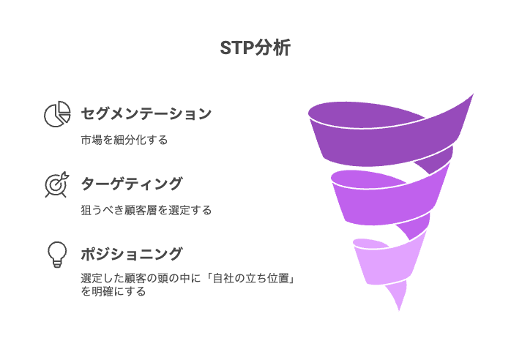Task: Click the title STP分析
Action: (255, 48)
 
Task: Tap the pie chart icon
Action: (57, 114)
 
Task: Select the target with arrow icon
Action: (57, 184)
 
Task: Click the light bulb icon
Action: (57, 255)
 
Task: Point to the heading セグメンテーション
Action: (146, 113)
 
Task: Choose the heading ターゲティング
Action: (132, 184)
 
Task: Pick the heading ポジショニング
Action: (132, 254)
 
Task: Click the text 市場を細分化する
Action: (124, 140)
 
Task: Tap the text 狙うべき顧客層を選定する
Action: (146, 210)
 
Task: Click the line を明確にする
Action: (113, 291)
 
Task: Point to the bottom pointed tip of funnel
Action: (399, 310)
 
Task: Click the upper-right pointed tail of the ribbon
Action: (473, 94)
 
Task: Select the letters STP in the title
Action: (237, 48)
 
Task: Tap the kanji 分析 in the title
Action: (273, 48)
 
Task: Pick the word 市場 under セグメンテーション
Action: (92, 140)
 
